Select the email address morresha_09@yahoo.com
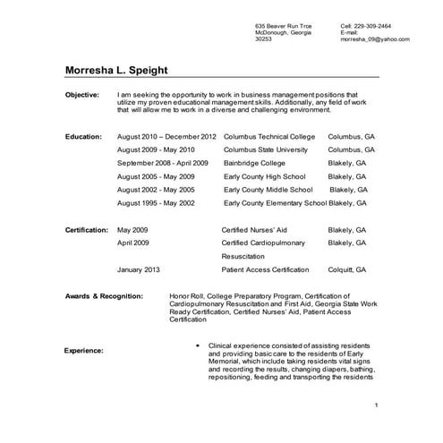(x=375, y=40)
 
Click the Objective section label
(x=82, y=94)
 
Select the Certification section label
(x=87, y=230)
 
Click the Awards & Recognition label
(x=104, y=294)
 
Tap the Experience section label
(x=84, y=351)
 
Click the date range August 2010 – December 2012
(x=167, y=137)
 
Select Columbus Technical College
(x=269, y=137)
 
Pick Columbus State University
(x=266, y=150)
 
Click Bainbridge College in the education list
(x=257, y=164)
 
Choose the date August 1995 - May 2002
(x=157, y=203)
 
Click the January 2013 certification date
(x=139, y=269)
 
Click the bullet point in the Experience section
(x=197, y=345)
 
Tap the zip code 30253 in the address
(x=264, y=40)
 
